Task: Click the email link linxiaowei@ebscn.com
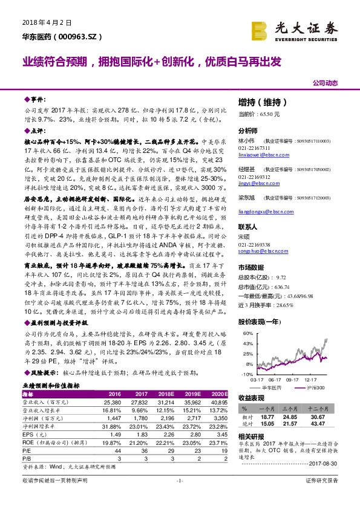coord(261,154)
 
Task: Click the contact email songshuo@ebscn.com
coord(260,248)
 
